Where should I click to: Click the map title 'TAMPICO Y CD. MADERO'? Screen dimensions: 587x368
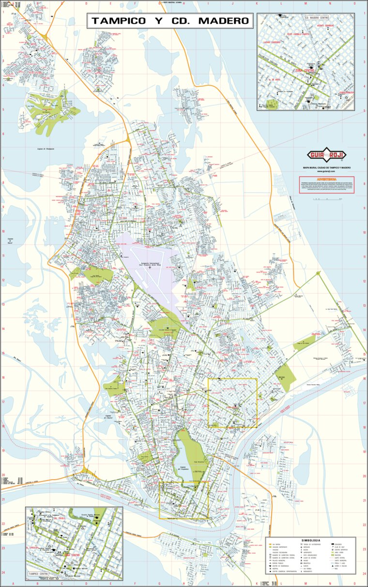tap(170, 21)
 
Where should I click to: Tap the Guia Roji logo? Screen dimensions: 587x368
tap(326, 155)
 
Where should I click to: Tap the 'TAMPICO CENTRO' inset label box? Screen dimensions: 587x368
tap(40, 574)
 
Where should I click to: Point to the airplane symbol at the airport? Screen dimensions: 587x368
tap(150, 267)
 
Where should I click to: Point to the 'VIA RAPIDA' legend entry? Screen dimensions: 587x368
tap(276, 544)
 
